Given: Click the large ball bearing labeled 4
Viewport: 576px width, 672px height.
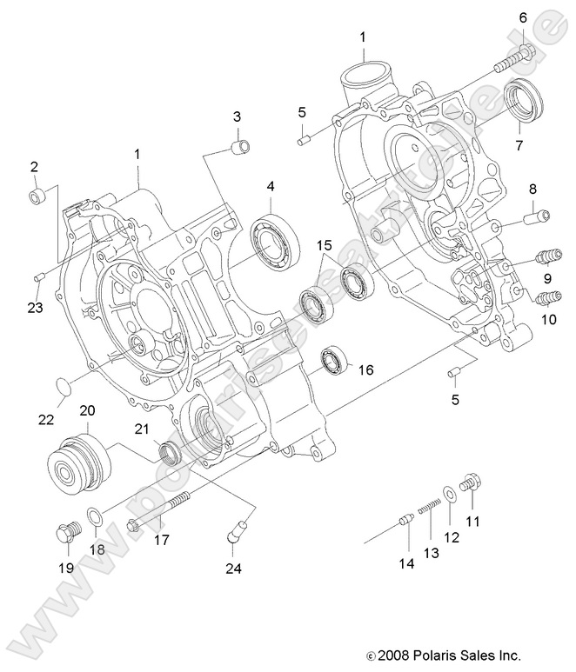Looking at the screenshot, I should [x=275, y=237].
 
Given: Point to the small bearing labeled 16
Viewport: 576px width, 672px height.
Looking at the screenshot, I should [x=334, y=362].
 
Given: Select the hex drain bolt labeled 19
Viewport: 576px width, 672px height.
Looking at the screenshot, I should [x=64, y=532].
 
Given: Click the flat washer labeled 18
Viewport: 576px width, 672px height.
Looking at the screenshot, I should [x=97, y=518].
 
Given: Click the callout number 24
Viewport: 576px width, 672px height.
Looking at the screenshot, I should [x=232, y=569].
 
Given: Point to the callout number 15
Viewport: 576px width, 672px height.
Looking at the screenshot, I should [x=324, y=247].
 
